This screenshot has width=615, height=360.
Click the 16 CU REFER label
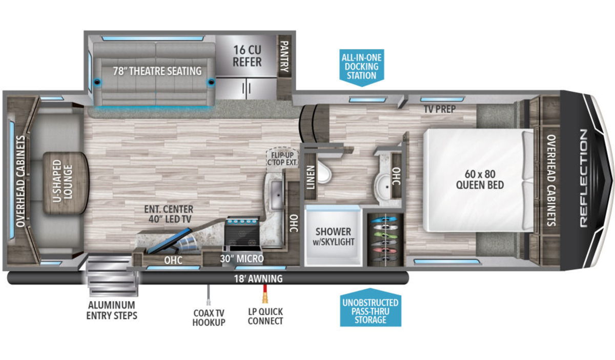pos(247,56)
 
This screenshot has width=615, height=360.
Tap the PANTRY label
pos(284,56)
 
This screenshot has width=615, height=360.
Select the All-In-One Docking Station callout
pos(362,68)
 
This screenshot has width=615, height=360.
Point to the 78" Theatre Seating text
pos(157,71)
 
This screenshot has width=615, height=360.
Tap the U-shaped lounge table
pos(66,183)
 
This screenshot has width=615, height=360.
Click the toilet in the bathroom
pos(324,172)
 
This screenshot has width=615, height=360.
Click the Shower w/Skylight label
pos(333,237)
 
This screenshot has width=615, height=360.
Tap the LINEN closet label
pos(311,178)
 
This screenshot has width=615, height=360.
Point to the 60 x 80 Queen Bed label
pos(480,180)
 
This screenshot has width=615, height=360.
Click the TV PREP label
pos(440,109)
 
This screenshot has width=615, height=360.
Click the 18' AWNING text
pos(258,279)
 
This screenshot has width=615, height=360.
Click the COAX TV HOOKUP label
pos(209,317)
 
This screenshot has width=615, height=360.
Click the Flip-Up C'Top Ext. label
pos(282,159)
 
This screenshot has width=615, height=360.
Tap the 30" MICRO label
pos(242,259)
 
